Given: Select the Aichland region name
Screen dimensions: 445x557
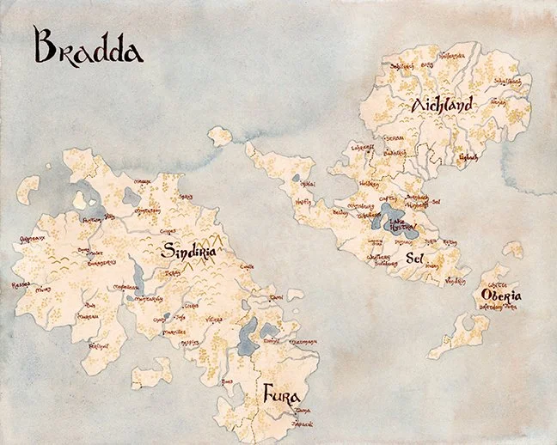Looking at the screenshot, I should click(x=443, y=106).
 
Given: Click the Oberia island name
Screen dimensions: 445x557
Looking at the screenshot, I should click(x=505, y=296).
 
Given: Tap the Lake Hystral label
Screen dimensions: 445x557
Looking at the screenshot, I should click(x=401, y=226).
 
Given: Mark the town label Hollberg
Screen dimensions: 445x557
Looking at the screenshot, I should click(x=369, y=184).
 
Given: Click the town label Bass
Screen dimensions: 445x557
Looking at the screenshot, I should click(x=227, y=381).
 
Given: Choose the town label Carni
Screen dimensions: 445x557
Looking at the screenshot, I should click(x=277, y=296).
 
